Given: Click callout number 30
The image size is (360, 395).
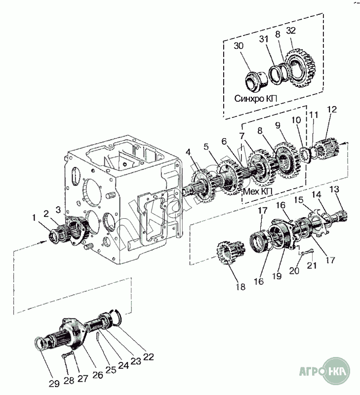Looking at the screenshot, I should pyautogui.click(x=239, y=46).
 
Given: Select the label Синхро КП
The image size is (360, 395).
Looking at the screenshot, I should pyautogui.click(x=256, y=98).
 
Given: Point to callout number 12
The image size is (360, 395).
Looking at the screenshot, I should pyautogui.click(x=331, y=109).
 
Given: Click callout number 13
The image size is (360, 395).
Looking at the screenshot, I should pyautogui.click(x=334, y=190).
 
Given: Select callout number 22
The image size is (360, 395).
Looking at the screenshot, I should pyautogui.click(x=148, y=357).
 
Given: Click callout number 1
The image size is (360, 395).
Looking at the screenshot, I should pyautogui.click(x=34, y=217).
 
